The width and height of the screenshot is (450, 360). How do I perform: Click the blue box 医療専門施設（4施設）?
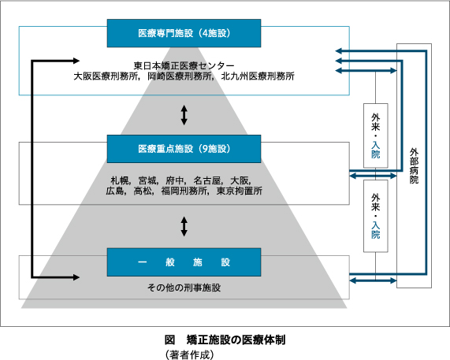point(184,33)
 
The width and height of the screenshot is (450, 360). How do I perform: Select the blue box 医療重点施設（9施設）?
point(184,149)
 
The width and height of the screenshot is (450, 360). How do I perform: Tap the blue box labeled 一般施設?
point(184,262)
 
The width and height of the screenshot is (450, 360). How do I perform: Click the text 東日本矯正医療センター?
point(184,65)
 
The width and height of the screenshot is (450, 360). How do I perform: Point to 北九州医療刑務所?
point(258,76)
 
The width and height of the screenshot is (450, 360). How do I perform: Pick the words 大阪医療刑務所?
point(106,76)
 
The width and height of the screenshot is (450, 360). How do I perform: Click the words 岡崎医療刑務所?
point(180,76)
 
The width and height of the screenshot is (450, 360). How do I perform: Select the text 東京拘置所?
point(240,191)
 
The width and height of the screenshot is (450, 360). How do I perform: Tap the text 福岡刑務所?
point(184,191)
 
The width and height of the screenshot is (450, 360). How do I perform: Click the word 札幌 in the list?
point(120,180)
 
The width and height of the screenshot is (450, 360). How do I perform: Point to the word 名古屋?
point(207,180)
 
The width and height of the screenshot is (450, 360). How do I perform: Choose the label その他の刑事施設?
point(184,288)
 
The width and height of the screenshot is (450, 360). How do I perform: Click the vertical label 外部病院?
point(414,165)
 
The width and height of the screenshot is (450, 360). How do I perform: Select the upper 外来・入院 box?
point(376,135)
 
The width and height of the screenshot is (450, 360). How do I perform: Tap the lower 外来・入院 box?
point(376,216)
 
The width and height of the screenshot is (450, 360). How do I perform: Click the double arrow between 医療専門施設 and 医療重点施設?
point(184,115)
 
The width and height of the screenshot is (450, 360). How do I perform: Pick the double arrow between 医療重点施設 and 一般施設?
point(184,226)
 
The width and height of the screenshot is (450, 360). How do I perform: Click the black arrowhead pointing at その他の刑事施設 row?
point(76,277)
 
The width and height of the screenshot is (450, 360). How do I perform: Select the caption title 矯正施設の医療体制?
point(236,340)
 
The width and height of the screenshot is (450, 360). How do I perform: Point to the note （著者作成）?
point(190,354)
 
